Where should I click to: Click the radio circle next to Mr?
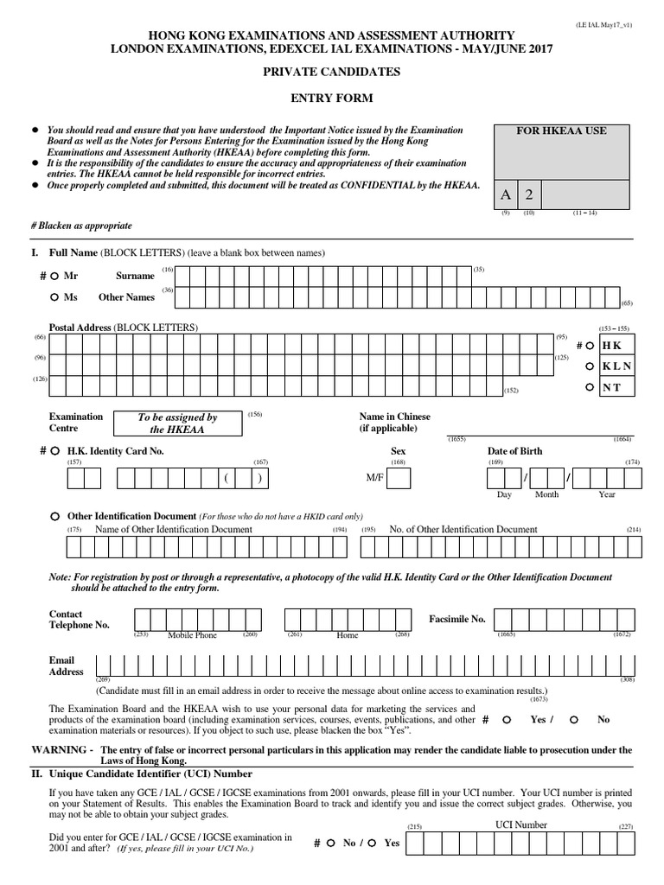click(x=54, y=276)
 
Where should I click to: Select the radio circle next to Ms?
click(x=54, y=296)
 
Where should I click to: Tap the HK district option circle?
click(x=591, y=345)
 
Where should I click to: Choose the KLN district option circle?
click(x=591, y=366)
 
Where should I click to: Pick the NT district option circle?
click(x=591, y=386)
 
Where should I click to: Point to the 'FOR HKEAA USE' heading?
click(x=561, y=131)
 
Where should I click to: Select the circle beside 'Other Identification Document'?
click(x=54, y=515)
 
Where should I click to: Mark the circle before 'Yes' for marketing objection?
click(x=507, y=719)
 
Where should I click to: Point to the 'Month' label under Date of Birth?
click(x=546, y=495)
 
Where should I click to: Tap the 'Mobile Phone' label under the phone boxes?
click(x=192, y=635)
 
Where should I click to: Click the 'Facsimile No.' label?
click(x=457, y=619)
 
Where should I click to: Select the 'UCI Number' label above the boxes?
click(x=520, y=825)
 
